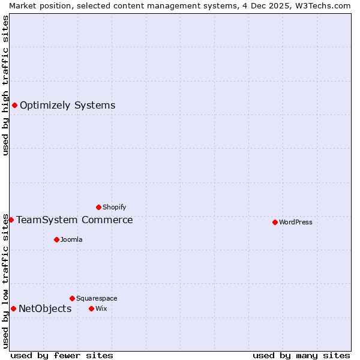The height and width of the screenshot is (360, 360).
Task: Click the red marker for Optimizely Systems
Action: [x=14, y=106]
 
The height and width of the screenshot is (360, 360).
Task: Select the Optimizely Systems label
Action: [x=67, y=106]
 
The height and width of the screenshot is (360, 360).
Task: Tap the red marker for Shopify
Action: [x=98, y=207]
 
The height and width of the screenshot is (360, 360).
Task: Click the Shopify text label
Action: [x=114, y=207]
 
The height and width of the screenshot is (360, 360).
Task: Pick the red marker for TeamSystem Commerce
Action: [x=11, y=220]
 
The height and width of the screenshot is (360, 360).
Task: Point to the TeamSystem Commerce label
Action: [x=74, y=220]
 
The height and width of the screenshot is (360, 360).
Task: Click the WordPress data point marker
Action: [x=275, y=222]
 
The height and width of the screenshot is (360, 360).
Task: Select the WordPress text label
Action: [x=295, y=222]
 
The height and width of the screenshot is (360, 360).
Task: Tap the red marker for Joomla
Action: [x=56, y=239]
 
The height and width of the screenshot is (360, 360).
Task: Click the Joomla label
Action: [x=71, y=239]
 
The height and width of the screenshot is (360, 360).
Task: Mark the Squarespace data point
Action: [x=72, y=298]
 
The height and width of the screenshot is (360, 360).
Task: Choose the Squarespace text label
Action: [x=97, y=298]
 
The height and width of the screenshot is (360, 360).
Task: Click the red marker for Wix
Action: [x=91, y=308]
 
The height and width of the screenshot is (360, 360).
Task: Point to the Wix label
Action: [x=101, y=308]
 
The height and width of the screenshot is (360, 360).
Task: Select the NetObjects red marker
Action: [x=13, y=309]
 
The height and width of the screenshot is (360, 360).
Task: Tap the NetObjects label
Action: [x=45, y=309]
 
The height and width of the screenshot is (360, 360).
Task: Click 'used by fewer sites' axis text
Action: [x=62, y=355]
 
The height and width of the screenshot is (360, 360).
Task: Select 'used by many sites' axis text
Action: [x=301, y=355]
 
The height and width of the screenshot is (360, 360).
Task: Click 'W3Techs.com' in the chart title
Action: [x=325, y=5]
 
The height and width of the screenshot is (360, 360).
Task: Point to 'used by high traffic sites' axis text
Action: [x=5, y=85]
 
